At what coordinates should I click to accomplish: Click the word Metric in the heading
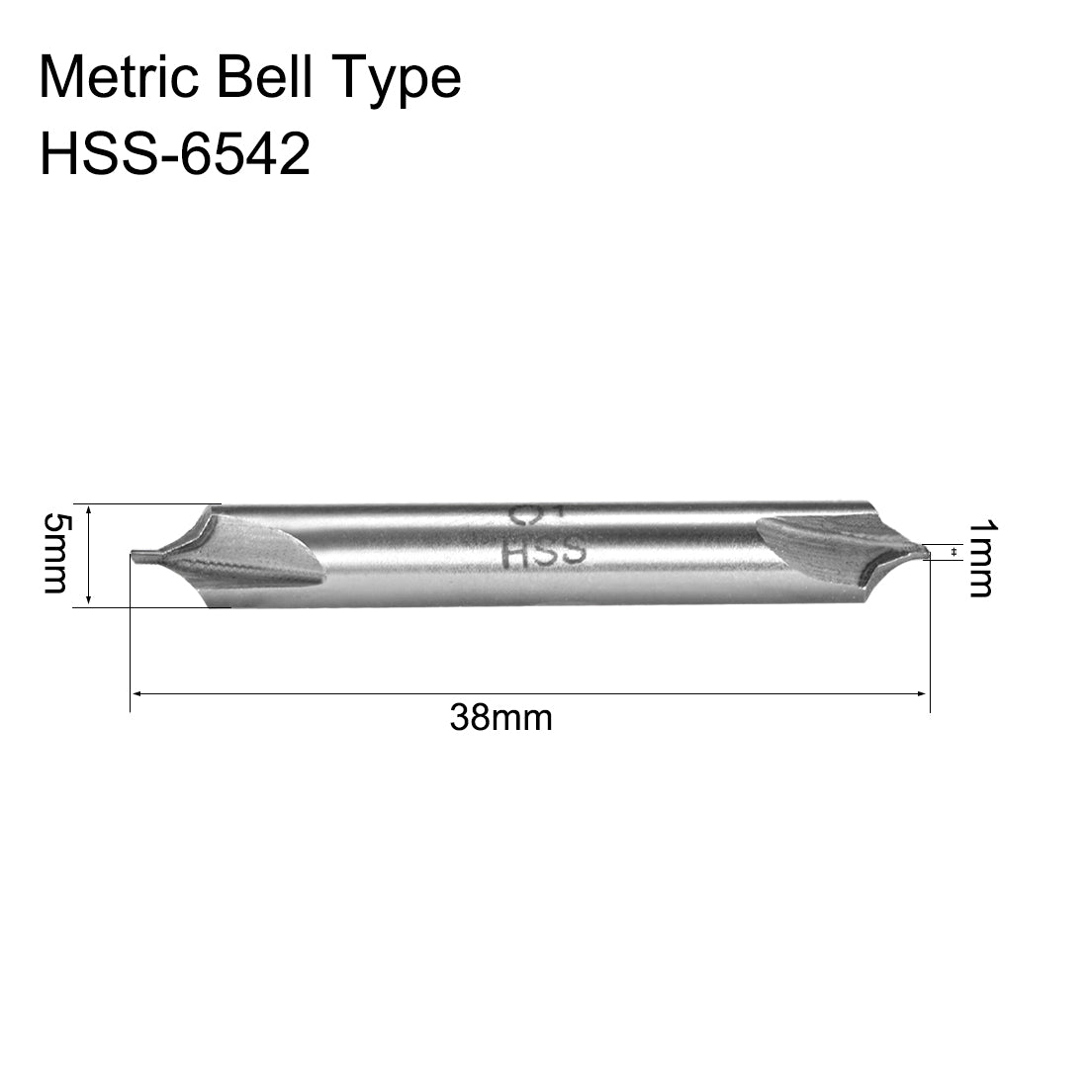(118, 78)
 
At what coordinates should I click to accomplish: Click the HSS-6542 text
(174, 155)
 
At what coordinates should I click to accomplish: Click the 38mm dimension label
(500, 717)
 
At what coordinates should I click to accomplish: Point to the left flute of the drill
(267, 559)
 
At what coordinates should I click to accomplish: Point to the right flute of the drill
(811, 554)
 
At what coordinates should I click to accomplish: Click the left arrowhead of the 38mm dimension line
(136, 694)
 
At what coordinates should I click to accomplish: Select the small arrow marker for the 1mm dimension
(952, 552)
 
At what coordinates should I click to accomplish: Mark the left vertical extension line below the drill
(131, 643)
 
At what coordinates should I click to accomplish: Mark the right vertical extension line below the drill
(931, 643)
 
